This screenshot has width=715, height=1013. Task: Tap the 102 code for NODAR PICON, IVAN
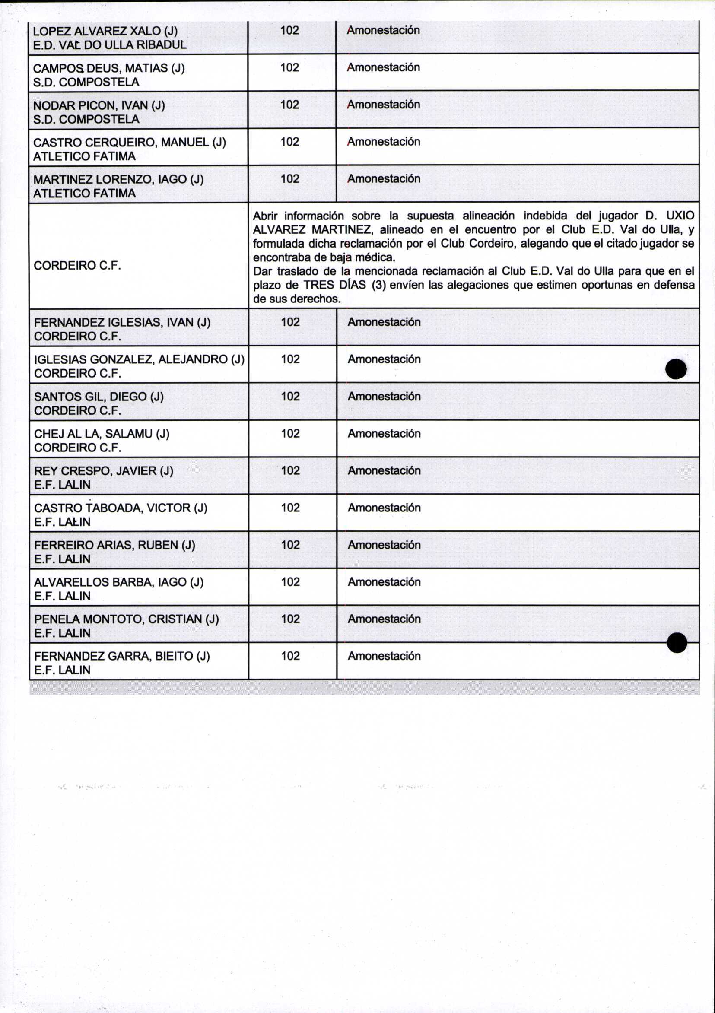click(x=289, y=105)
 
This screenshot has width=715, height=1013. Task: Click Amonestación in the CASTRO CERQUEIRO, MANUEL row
click(x=384, y=142)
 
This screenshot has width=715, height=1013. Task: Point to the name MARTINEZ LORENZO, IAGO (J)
click(x=118, y=180)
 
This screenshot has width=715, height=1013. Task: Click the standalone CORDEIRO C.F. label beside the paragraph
click(x=77, y=266)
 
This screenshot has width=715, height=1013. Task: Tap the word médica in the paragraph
click(x=375, y=257)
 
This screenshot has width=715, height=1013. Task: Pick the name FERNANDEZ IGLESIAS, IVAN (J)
click(x=122, y=323)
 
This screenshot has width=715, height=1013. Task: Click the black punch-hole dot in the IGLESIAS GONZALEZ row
click(x=676, y=369)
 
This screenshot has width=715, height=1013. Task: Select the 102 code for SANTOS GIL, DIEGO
click(x=290, y=397)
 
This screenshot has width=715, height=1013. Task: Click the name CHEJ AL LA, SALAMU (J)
click(x=102, y=434)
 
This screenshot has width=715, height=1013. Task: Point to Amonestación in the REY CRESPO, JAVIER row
click(x=384, y=471)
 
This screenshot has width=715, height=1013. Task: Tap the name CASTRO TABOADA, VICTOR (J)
click(x=121, y=508)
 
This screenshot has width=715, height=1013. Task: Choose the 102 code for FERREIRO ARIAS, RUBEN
click(x=290, y=545)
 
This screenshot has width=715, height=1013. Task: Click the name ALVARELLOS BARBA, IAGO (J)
click(x=119, y=582)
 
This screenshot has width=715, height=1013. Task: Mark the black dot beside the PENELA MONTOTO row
click(x=677, y=642)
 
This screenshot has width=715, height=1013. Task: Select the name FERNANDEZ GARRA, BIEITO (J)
click(x=122, y=657)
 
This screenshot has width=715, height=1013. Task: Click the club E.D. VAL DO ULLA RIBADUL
click(x=110, y=45)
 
